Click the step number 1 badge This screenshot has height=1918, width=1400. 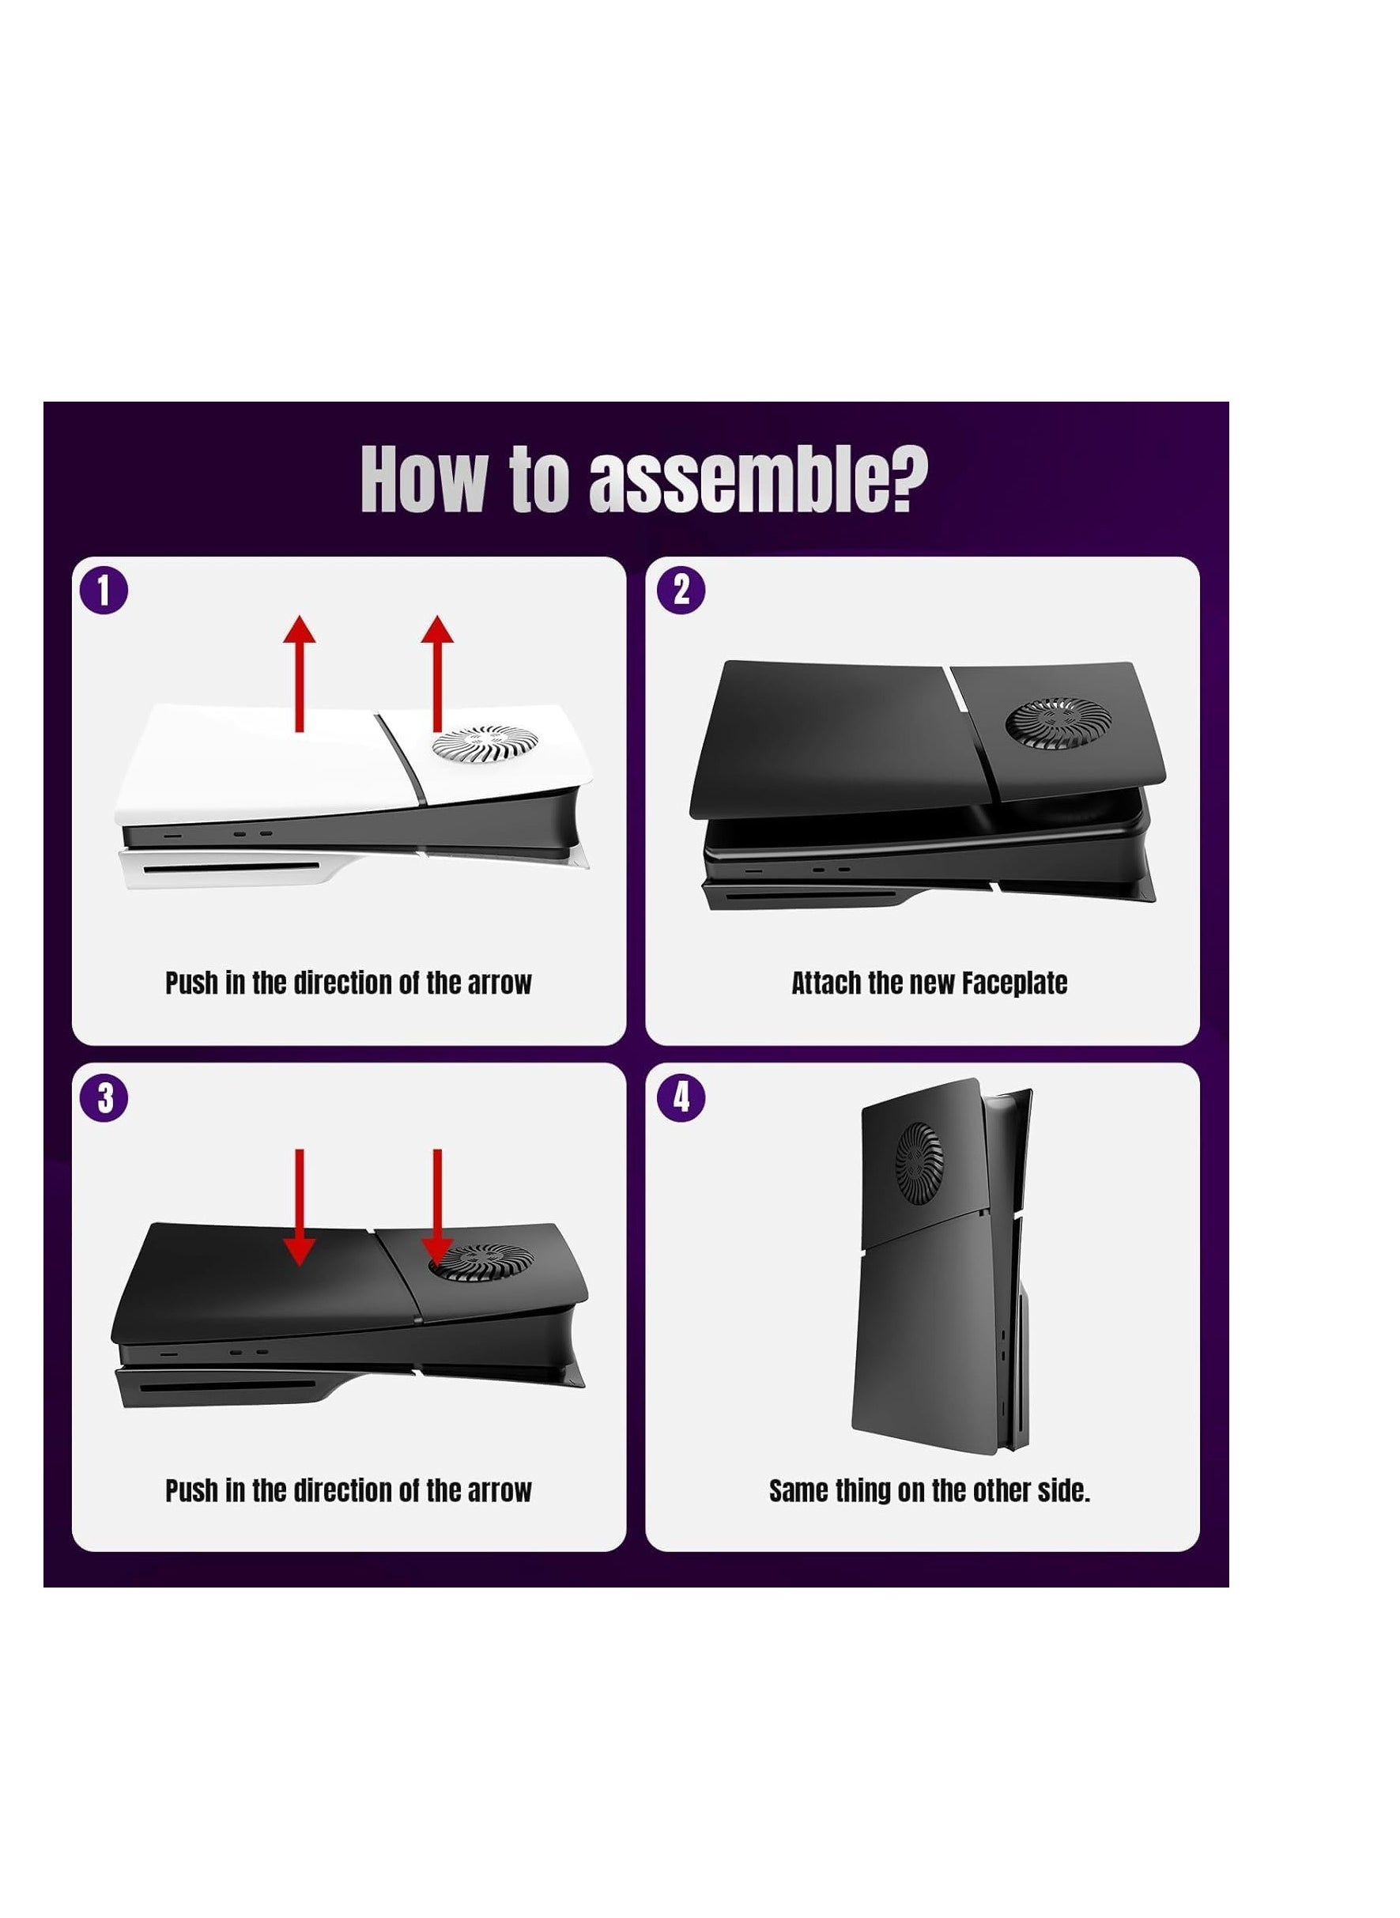(104, 590)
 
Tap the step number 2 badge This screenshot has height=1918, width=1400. (681, 590)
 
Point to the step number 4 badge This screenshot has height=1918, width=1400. (681, 1097)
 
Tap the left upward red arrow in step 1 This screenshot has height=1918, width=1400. (299, 674)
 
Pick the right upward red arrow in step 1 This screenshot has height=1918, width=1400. (437, 674)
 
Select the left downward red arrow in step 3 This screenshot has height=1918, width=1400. (299, 1208)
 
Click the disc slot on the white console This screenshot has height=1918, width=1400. (232, 867)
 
